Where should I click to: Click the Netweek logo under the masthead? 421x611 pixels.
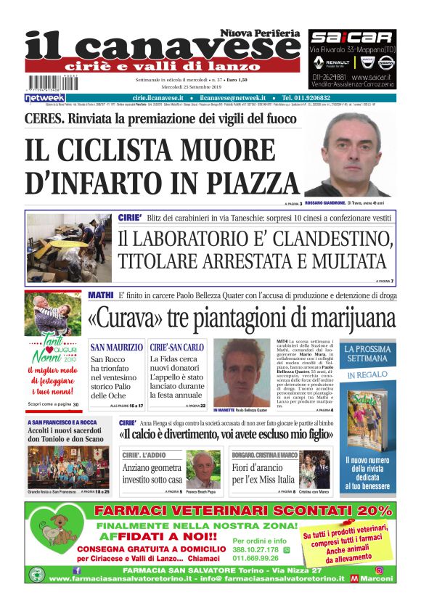[x=44, y=98]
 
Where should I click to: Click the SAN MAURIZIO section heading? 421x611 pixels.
[x=117, y=348]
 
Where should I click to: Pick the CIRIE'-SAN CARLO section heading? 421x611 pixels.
[x=177, y=348]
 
